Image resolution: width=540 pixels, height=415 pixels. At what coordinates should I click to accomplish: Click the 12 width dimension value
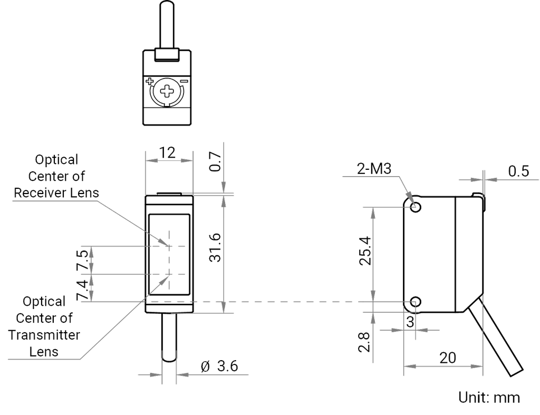tap(167, 153)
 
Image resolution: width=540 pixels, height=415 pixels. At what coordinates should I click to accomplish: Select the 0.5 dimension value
tap(518, 171)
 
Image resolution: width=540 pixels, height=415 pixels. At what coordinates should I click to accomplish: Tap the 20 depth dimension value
tap(447, 357)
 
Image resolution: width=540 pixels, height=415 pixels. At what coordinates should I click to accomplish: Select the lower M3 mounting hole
tap(416, 302)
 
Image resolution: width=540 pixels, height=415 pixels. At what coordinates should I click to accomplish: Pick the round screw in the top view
tap(165, 92)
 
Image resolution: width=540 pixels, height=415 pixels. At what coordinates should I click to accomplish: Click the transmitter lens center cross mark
tap(169, 274)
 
